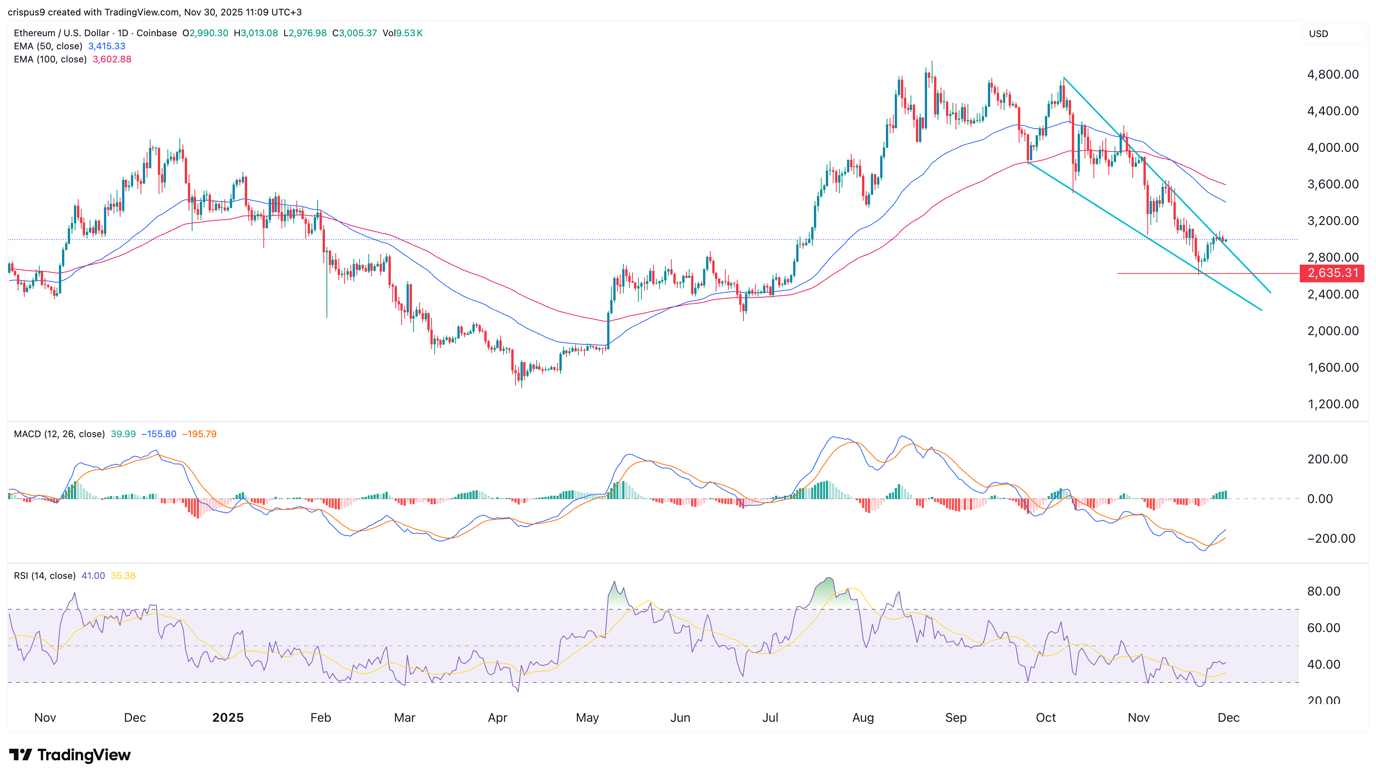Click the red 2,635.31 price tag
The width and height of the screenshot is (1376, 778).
1332,273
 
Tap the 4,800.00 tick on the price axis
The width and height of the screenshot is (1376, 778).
1332,74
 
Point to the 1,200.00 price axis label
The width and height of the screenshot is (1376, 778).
1332,404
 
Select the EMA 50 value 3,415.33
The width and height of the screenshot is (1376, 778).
106,46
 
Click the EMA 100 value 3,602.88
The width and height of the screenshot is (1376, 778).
112,59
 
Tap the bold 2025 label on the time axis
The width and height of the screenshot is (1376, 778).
228,718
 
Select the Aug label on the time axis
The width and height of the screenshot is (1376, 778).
863,718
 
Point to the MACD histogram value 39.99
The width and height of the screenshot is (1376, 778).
123,434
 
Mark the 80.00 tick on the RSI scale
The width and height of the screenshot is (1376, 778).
1323,591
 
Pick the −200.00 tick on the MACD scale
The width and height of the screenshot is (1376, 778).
1331,538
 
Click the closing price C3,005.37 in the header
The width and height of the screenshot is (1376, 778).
354,33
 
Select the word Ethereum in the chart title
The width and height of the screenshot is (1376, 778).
35,33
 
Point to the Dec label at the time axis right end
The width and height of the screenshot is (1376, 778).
1228,718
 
